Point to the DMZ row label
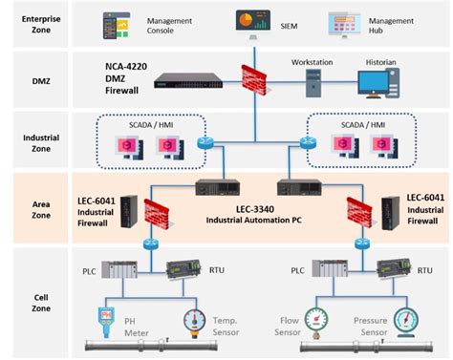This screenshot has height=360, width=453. (x=42, y=79)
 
